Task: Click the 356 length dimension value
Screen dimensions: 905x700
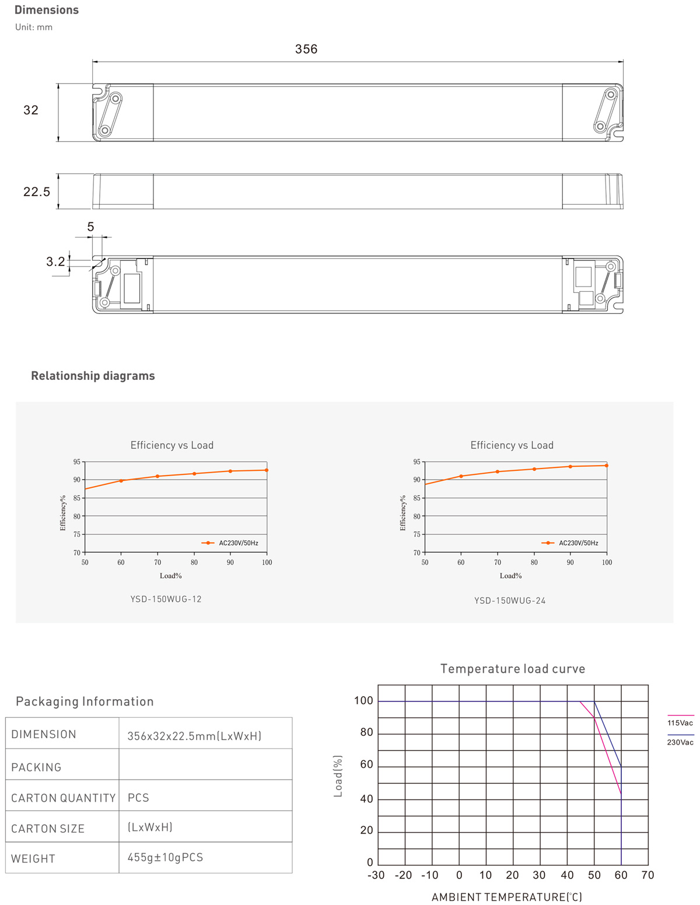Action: click(306, 49)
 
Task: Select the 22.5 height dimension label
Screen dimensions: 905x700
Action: click(37, 191)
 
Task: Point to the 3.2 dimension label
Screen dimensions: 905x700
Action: click(56, 261)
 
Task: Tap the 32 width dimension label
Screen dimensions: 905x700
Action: click(31, 110)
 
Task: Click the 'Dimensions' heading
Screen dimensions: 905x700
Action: click(47, 10)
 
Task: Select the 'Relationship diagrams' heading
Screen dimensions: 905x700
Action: click(93, 376)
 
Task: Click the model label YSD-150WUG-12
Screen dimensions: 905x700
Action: click(166, 599)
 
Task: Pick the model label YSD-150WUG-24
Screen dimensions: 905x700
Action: click(510, 600)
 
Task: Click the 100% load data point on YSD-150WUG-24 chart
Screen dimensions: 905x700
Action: click(607, 466)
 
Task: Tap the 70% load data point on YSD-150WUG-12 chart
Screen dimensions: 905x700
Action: click(157, 476)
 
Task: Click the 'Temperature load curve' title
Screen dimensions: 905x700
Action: click(512, 669)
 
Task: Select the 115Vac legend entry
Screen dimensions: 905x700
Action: click(680, 723)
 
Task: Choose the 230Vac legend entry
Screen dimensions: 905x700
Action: click(680, 742)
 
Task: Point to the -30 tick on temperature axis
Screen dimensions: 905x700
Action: click(376, 875)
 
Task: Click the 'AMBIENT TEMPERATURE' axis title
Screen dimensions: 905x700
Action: click(506, 897)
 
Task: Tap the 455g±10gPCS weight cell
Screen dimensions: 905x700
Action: click(165, 857)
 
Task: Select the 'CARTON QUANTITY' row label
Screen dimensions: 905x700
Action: click(63, 798)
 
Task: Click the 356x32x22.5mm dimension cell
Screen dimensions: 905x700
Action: click(194, 736)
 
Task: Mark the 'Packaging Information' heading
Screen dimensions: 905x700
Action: click(85, 701)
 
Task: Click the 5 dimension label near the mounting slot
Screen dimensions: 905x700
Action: click(90, 227)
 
